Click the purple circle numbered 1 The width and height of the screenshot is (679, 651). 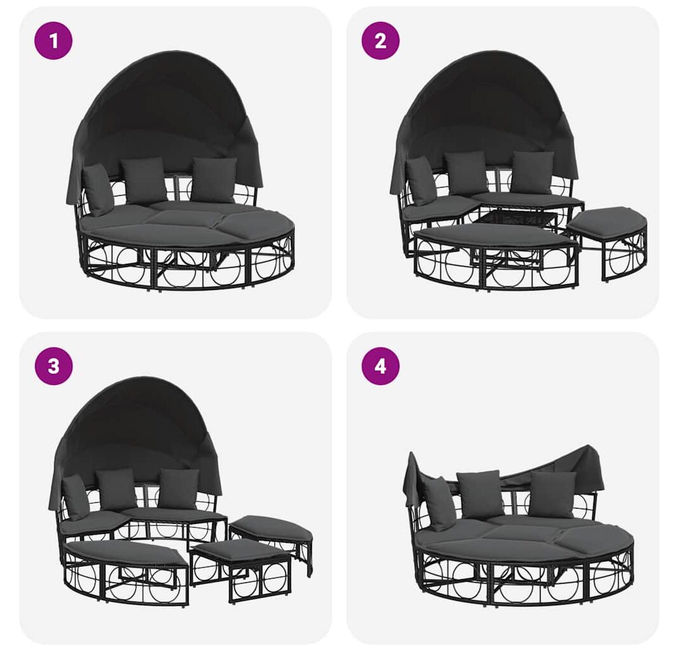pyautogui.click(x=53, y=41)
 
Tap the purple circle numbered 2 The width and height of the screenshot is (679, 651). pyautogui.click(x=380, y=41)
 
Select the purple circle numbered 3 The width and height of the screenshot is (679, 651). pyautogui.click(x=53, y=366)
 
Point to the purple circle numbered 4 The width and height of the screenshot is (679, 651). pyautogui.click(x=380, y=366)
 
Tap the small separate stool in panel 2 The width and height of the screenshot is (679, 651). pyautogui.click(x=607, y=243)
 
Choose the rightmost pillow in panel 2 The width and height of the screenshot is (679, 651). pyautogui.click(x=533, y=172)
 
